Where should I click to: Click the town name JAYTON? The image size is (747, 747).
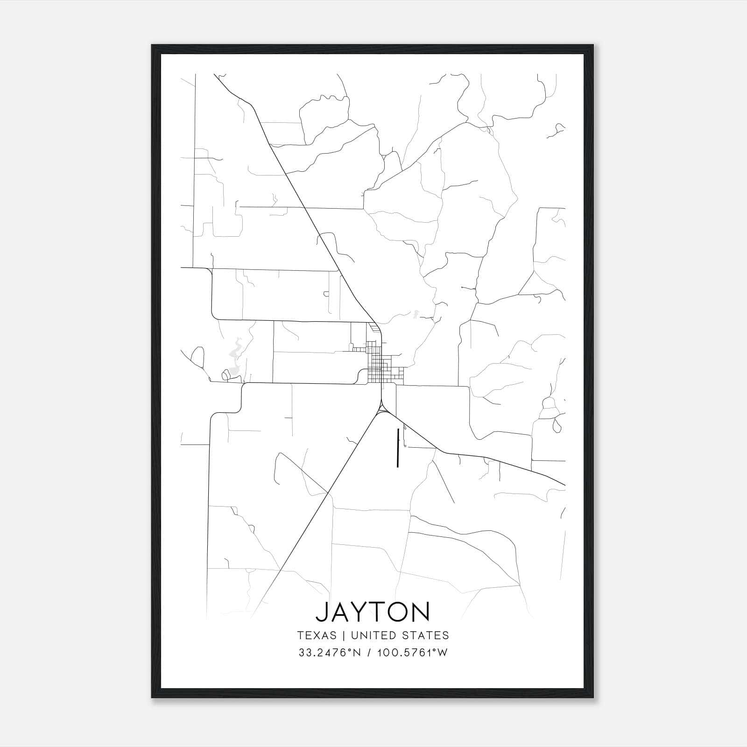point(373,612)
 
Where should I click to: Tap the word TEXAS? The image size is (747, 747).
point(316,635)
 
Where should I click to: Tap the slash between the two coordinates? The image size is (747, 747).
point(369,653)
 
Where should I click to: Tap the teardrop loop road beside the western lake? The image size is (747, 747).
point(198,357)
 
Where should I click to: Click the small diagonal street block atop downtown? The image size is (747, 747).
point(373,328)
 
